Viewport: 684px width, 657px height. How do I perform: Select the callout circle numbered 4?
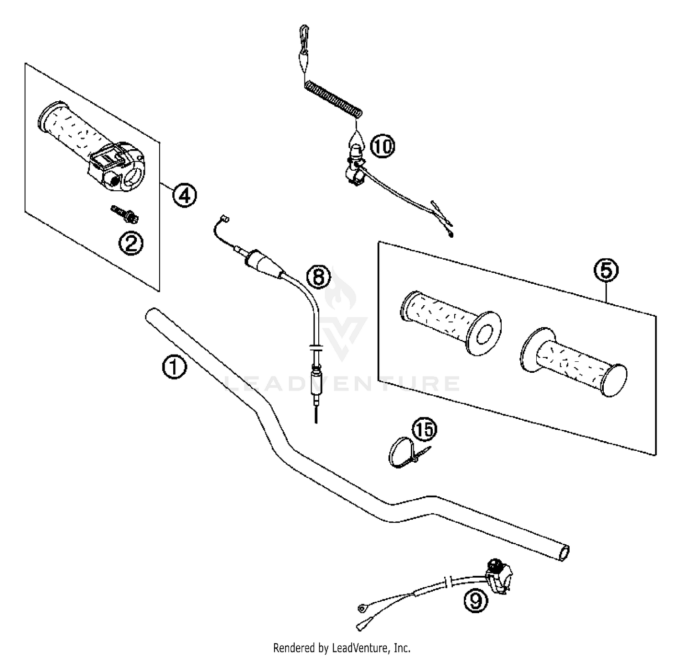click(184, 195)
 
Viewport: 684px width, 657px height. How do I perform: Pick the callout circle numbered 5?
click(606, 271)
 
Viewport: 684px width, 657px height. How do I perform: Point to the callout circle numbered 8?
click(318, 276)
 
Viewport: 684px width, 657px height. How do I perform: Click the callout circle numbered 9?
click(475, 601)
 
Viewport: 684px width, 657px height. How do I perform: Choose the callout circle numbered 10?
click(382, 147)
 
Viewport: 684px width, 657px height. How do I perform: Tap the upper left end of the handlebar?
click(152, 315)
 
